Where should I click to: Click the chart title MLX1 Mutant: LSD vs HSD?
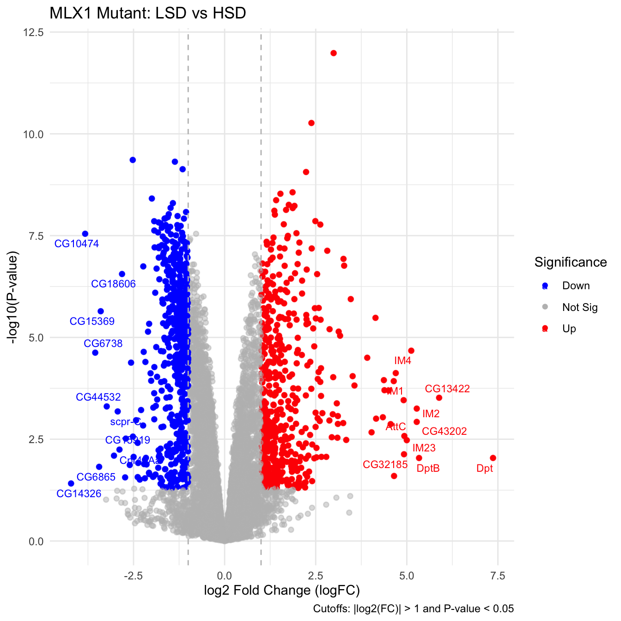pos(147,13)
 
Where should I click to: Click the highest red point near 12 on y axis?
pos(334,53)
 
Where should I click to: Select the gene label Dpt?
pos(485,469)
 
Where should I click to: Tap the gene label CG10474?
pos(77,244)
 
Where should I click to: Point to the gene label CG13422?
pos(447,389)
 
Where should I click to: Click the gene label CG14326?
pos(79,494)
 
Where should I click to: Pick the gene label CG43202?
pos(444,432)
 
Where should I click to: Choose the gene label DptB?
pos(428,469)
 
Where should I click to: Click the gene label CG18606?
pos(113,284)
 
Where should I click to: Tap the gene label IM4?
pos(402,361)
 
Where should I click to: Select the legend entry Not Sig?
pos(579,308)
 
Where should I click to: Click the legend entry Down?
pos(576,286)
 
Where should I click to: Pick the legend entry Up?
pos(569,329)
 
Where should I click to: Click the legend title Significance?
pos(571,262)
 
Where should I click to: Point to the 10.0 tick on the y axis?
pos(34,134)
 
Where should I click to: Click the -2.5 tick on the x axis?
pos(133,576)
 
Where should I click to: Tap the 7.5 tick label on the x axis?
pos(498,576)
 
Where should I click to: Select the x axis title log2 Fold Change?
pos(282,591)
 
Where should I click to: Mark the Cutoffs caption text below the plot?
pos(413,609)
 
